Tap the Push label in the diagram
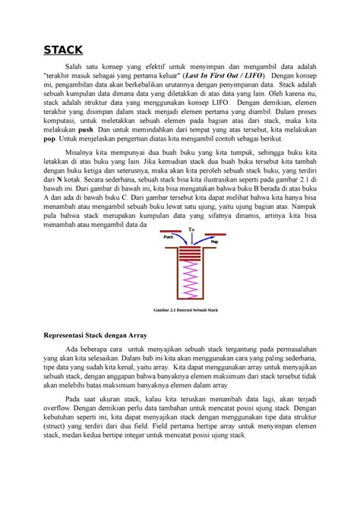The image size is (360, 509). (x=169, y=236)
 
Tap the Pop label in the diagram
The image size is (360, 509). (x=213, y=241)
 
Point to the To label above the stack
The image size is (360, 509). (x=191, y=229)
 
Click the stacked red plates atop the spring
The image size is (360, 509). (x=191, y=254)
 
